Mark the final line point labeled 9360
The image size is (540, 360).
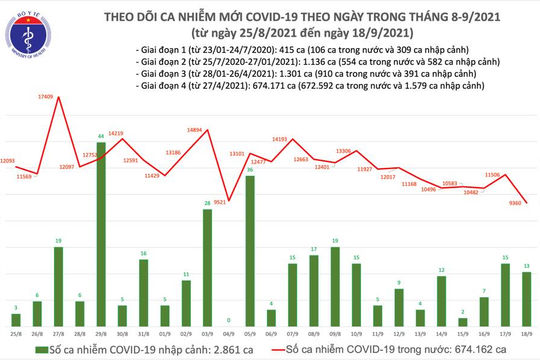[x=527, y=200]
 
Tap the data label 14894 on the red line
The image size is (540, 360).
[x=196, y=130]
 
